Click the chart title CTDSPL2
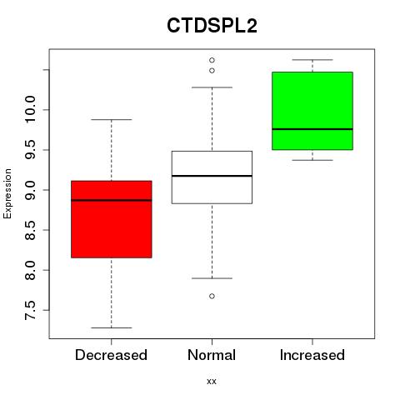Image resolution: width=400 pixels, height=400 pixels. click(x=212, y=26)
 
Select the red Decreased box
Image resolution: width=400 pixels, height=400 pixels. click(x=112, y=219)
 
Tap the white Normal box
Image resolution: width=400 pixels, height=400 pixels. click(x=212, y=177)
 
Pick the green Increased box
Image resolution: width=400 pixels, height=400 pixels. click(x=312, y=111)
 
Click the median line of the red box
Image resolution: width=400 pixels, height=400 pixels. click(x=112, y=200)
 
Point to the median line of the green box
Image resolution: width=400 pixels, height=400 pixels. click(x=312, y=129)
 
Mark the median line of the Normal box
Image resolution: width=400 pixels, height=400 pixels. click(x=212, y=176)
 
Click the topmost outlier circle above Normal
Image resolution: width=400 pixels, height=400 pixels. click(x=212, y=60)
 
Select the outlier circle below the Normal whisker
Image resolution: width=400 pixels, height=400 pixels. click(x=212, y=296)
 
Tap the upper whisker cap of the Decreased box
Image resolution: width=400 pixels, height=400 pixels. click(x=112, y=119)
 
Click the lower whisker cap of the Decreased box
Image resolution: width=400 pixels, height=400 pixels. click(x=112, y=327)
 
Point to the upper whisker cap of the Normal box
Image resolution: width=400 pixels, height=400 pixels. click(x=212, y=87)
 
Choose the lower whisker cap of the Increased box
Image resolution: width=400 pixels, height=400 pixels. click(x=312, y=160)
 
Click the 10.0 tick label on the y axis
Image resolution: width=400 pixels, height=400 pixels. click(x=30, y=109)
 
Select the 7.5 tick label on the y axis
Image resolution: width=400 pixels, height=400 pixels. click(x=30, y=310)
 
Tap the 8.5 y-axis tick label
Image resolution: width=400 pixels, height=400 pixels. click(x=30, y=230)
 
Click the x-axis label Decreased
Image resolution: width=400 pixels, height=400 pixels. click(x=111, y=355)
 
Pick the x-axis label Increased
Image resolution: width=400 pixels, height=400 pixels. click(x=312, y=355)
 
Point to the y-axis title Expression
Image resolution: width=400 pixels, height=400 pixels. click(x=7, y=193)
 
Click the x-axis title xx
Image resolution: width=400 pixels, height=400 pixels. click(x=212, y=382)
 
